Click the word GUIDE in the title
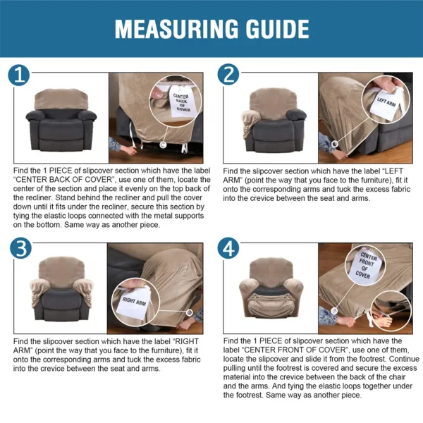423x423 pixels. coord(273,29)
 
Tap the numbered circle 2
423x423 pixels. coord(228,74)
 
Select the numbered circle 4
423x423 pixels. coord(228,249)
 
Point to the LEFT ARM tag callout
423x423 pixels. coord(386,99)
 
